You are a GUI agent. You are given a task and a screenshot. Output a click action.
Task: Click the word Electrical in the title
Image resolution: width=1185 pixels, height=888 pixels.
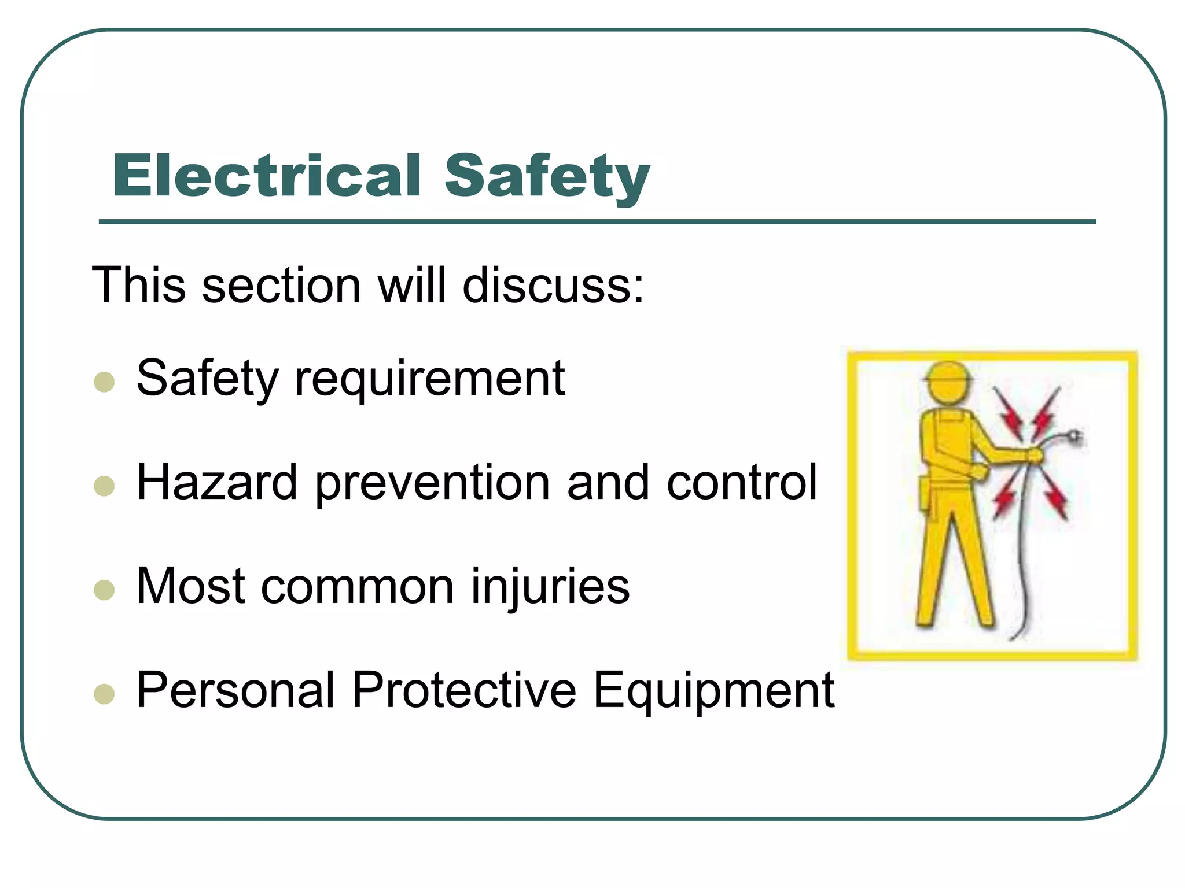[266, 176]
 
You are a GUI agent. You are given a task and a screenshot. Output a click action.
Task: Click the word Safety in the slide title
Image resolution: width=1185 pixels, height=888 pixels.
[547, 176]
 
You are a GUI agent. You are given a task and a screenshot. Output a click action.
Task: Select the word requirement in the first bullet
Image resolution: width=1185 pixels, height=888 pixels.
[429, 379]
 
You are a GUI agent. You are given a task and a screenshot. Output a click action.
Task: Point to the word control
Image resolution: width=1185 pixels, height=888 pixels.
[742, 482]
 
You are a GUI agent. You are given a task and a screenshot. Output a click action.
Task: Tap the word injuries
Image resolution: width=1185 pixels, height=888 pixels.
[550, 587]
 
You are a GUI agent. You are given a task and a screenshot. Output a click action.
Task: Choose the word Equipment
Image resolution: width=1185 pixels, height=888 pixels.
[713, 691]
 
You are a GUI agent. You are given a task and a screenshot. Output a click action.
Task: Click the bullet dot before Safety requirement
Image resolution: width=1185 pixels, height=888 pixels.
[104, 382]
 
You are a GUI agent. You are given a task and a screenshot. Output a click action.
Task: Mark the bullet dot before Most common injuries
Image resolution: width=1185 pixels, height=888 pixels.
[104, 590]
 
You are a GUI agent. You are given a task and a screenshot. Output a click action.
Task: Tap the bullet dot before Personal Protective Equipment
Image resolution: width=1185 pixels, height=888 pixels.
[104, 694]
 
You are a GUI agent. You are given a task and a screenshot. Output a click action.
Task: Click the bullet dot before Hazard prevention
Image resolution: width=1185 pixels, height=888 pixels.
[104, 486]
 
